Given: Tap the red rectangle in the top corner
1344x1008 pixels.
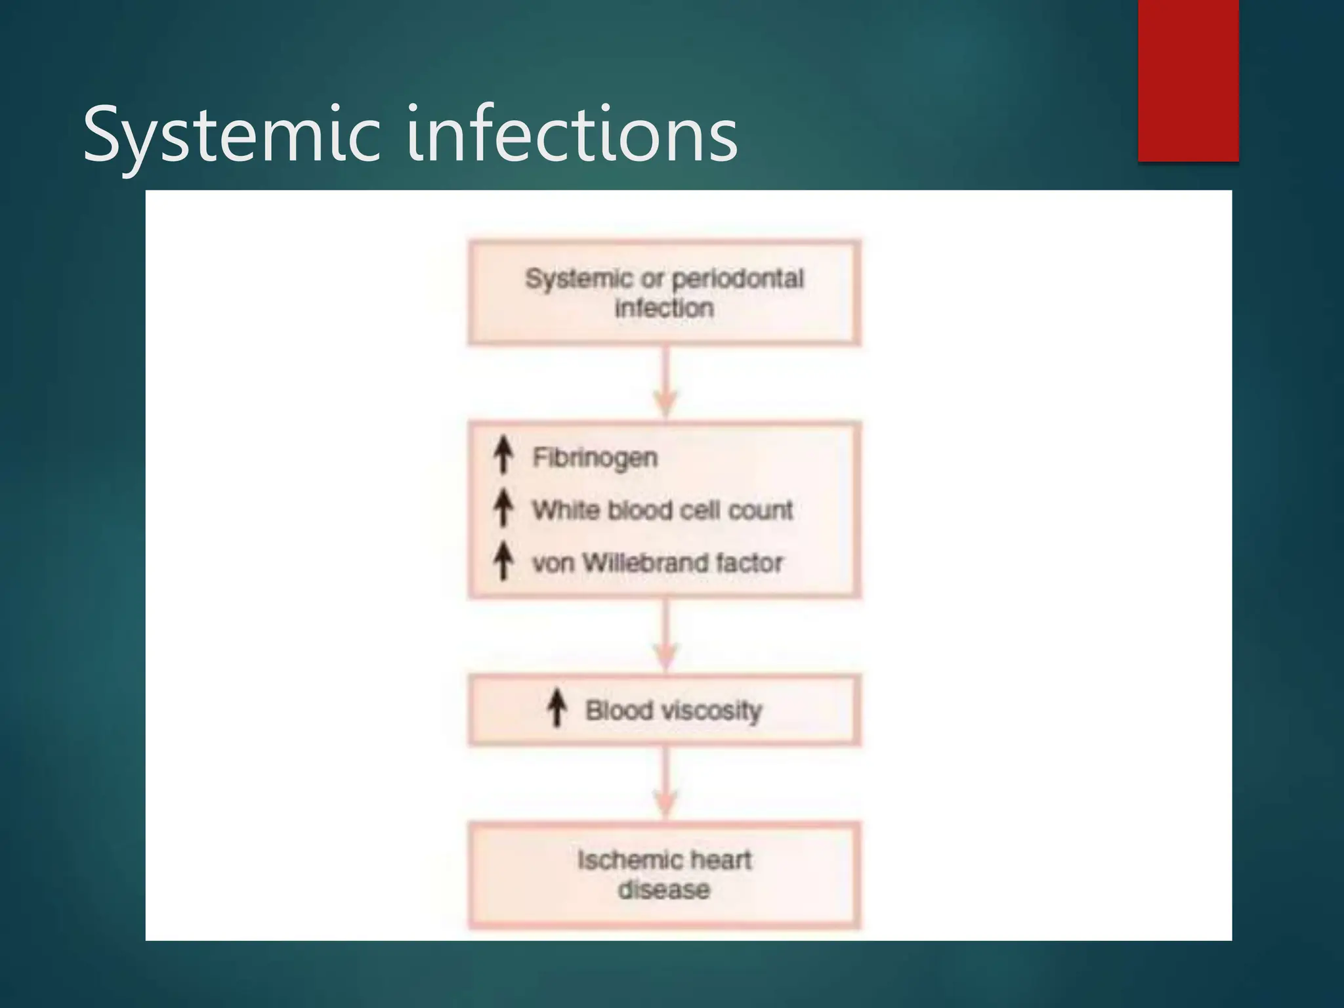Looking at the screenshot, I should click(x=1188, y=80).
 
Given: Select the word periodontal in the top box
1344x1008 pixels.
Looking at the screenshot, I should click(x=738, y=279).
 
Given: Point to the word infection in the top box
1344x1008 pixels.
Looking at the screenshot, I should click(x=664, y=308).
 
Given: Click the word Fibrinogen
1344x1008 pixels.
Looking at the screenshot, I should click(x=595, y=457).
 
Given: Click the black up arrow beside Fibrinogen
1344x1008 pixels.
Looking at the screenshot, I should click(x=503, y=455).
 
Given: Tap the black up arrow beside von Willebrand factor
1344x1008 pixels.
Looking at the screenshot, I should click(x=503, y=561).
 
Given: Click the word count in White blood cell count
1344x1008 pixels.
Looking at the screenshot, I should click(x=761, y=510).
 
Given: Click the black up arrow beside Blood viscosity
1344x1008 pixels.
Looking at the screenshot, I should click(x=557, y=708).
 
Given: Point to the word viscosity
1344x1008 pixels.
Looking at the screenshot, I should click(x=711, y=711).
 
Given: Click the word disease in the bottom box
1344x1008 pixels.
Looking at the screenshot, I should click(x=664, y=890).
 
